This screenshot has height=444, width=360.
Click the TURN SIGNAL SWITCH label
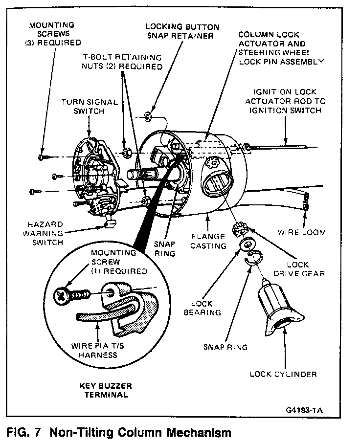[90, 107]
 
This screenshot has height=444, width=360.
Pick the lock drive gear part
[242, 227]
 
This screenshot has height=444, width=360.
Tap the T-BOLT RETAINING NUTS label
[122, 61]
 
